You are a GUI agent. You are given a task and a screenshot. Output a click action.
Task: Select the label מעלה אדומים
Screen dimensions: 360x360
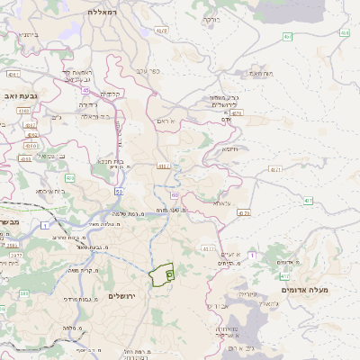(x=305, y=289)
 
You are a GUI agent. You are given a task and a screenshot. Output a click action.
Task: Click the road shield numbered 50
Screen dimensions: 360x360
(x=119, y=191)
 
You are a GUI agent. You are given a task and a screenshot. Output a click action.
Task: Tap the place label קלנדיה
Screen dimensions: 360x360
(x=112, y=94)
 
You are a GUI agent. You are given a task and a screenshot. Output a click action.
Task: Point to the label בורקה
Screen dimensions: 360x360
(x=211, y=18)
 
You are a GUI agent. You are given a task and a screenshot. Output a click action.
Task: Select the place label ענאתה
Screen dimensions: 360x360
(x=222, y=202)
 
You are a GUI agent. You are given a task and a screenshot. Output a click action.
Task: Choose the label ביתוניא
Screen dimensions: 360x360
(x=27, y=34)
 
